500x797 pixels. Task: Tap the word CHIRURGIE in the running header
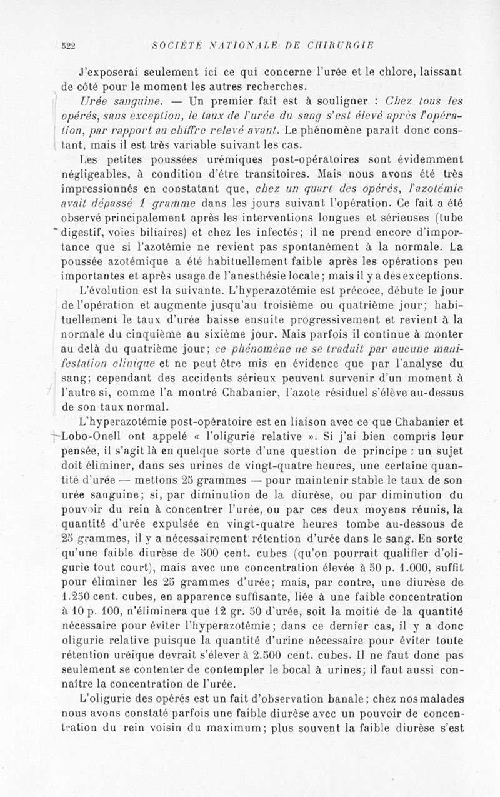[x=341, y=45]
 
